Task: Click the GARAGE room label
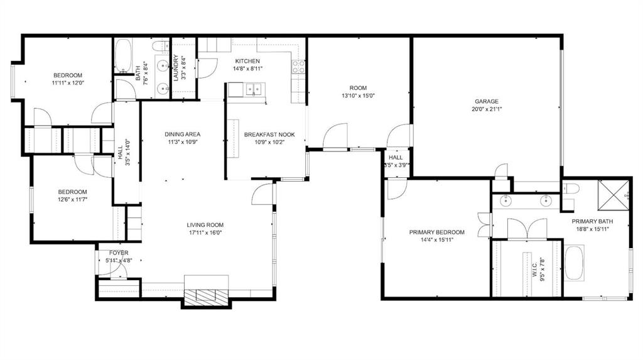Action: pyautogui.click(x=487, y=101)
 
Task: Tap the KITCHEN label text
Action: pyautogui.click(x=247, y=61)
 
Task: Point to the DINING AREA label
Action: pyautogui.click(x=183, y=134)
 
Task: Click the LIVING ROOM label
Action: pyautogui.click(x=205, y=225)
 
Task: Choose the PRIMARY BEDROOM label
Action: pyautogui.click(x=436, y=232)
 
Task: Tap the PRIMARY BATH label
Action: pyautogui.click(x=592, y=221)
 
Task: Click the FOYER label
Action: pyautogui.click(x=114, y=253)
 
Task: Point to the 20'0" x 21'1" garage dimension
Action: pyautogui.click(x=487, y=109)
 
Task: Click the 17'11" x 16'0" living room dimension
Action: pyautogui.click(x=205, y=232)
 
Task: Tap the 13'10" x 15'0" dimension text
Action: pyautogui.click(x=358, y=96)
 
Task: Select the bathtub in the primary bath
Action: pyautogui.click(x=574, y=262)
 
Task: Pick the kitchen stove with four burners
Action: pyautogui.click(x=298, y=67)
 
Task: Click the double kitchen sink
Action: pyautogui.click(x=253, y=90)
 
